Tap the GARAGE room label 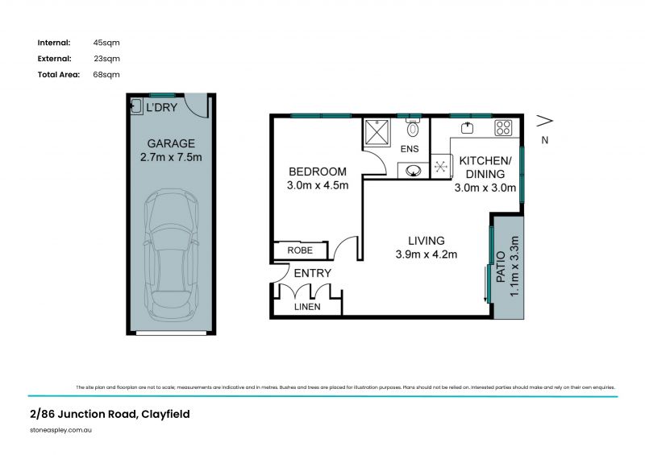(170, 144)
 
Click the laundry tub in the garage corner (137, 105)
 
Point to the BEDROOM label (318, 172)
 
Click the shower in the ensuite (376, 131)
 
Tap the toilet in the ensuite (413, 129)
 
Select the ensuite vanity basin (413, 170)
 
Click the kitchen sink (466, 127)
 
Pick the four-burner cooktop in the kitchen (504, 127)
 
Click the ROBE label (300, 251)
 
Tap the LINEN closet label (308, 307)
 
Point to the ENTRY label (312, 274)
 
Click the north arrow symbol (545, 121)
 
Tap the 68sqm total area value (106, 74)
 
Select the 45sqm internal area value (106, 42)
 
